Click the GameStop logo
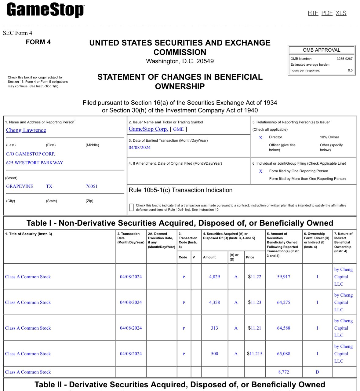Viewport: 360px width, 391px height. point(45,10)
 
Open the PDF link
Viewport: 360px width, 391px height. point(327,13)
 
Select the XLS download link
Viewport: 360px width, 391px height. point(341,13)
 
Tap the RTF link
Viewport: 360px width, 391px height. point(313,13)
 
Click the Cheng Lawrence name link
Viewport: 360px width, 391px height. point(26,130)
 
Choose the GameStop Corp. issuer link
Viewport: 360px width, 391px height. point(148,129)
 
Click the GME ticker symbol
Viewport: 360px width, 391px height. point(178,129)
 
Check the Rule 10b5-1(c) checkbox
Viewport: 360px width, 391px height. point(131,207)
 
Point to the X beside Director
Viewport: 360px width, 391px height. point(260,138)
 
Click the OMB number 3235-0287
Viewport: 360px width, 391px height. point(344,59)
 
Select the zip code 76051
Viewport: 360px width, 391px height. point(91,186)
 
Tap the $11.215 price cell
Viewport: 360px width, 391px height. point(254,354)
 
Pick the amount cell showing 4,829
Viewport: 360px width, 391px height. point(214,277)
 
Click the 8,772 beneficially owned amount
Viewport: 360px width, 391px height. point(283,372)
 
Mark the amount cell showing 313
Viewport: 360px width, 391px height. point(214,328)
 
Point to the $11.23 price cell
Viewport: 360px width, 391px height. point(254,302)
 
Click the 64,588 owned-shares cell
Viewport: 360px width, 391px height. point(283,328)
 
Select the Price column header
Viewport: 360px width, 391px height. point(250,257)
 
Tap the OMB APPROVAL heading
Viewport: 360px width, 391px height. point(321,50)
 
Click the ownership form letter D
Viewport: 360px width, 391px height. point(317,372)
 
